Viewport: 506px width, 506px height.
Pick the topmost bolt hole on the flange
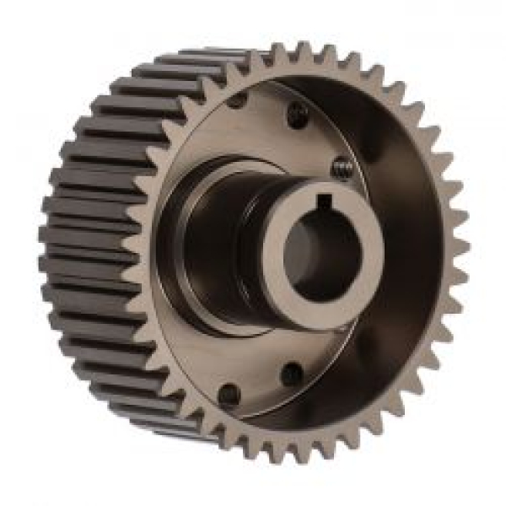tap(237, 100)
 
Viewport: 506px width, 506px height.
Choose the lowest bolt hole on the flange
tap(229, 393)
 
